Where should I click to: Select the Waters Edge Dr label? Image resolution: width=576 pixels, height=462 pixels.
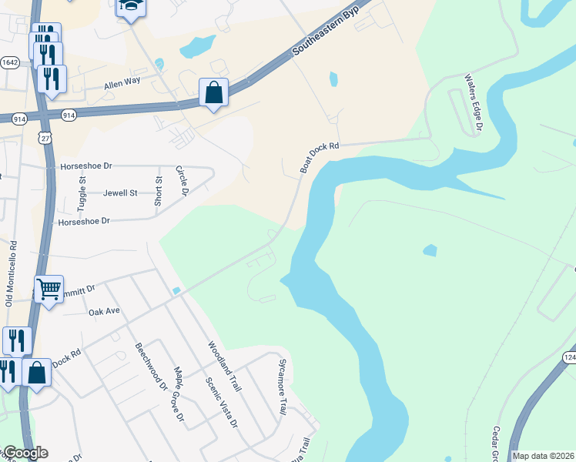pyautogui.click(x=472, y=102)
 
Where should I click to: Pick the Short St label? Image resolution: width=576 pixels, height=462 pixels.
pyautogui.click(x=159, y=190)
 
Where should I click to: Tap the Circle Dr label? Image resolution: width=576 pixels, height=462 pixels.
pyautogui.click(x=183, y=181)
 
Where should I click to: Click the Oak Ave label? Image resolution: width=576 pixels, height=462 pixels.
pyautogui.click(x=105, y=312)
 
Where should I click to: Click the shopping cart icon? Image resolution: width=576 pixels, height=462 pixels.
pyautogui.click(x=49, y=290)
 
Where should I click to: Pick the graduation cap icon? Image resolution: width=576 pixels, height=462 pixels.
pyautogui.click(x=131, y=7)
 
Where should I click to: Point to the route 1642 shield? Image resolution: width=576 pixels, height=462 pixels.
pyautogui.click(x=11, y=62)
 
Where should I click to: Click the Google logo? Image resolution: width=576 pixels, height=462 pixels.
pyautogui.click(x=25, y=453)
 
